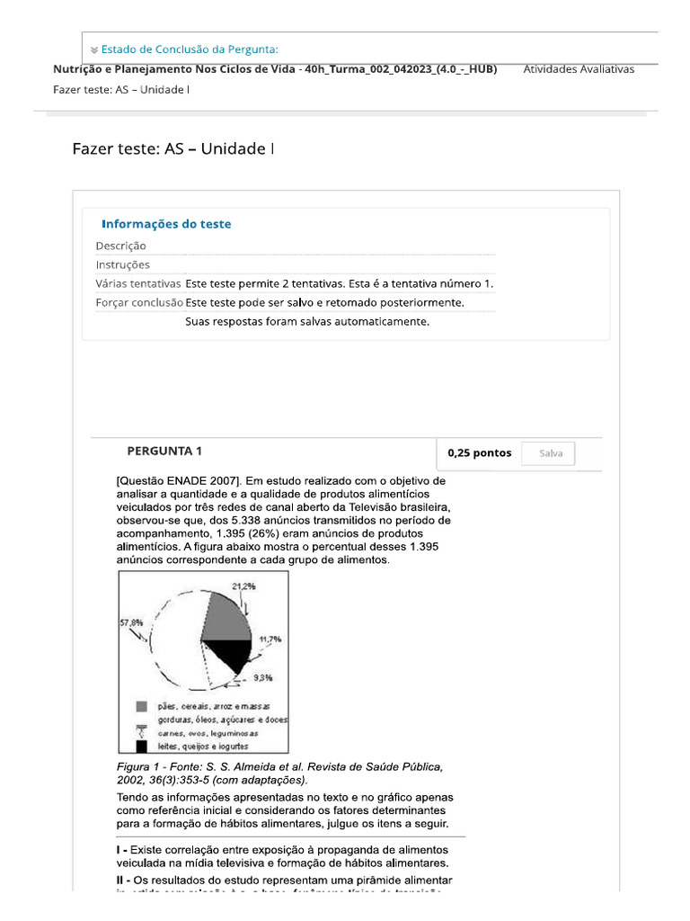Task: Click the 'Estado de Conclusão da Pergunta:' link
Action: tap(189, 49)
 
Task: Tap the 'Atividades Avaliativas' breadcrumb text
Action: tap(578, 69)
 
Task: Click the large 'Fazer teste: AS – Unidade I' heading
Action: tap(173, 148)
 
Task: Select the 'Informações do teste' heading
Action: tap(166, 224)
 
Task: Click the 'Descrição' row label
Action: tap(121, 246)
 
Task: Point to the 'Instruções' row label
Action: tap(123, 264)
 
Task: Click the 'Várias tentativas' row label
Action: tap(138, 283)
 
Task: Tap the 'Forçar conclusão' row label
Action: tap(139, 302)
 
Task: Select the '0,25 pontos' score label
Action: tap(479, 453)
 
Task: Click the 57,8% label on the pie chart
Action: tap(131, 621)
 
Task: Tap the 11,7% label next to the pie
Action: tap(270, 639)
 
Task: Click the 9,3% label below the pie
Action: tap(262, 677)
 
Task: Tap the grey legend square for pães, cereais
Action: tap(141, 706)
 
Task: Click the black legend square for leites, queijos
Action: tap(141, 746)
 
